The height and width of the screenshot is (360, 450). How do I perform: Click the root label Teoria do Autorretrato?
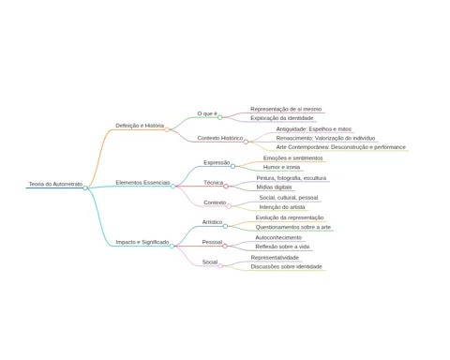(x=55, y=184)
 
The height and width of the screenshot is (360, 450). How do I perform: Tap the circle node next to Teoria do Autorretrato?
(x=85, y=188)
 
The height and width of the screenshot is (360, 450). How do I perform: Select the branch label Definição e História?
(x=140, y=126)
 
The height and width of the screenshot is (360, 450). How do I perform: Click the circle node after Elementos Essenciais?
(x=172, y=187)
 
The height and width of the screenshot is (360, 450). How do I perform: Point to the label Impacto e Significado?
(x=142, y=242)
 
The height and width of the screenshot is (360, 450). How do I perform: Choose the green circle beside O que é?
(x=220, y=117)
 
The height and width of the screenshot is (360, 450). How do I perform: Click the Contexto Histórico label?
(x=220, y=138)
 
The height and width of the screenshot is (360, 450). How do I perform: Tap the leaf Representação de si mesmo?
(x=286, y=109)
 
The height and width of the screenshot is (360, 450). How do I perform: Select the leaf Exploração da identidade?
(x=282, y=118)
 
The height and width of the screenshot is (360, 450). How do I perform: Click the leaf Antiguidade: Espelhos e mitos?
(x=314, y=129)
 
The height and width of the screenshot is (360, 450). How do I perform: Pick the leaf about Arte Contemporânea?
(x=341, y=147)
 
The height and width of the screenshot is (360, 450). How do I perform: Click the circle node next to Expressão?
(x=232, y=167)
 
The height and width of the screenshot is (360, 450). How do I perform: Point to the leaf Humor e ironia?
(x=281, y=167)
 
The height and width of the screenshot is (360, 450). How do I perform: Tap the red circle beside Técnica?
(x=226, y=187)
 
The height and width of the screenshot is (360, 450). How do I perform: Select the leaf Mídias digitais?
(x=274, y=187)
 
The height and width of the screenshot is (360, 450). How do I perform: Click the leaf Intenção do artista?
(x=282, y=207)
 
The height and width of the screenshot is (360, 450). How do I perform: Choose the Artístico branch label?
(x=212, y=222)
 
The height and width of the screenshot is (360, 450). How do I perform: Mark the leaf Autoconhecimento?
(x=278, y=237)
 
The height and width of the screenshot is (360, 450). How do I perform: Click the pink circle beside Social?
(x=220, y=266)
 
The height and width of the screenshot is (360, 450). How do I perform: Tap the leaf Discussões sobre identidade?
(x=286, y=267)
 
